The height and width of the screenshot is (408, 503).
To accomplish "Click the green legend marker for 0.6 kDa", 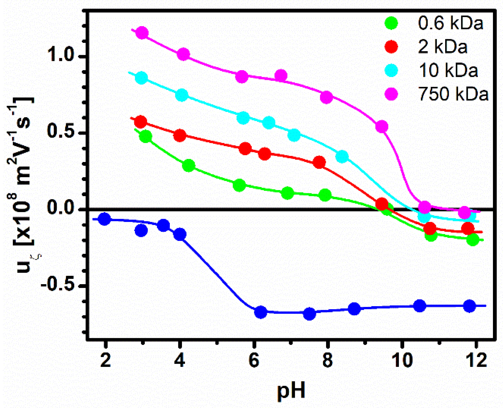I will tap(391, 23).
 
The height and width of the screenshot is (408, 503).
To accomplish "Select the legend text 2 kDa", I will tap(443, 46).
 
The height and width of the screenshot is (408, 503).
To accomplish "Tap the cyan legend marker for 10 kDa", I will tap(391, 70).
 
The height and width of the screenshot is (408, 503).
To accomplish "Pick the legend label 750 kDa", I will tap(453, 94).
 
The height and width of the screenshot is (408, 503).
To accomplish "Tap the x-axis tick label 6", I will tap(253, 360).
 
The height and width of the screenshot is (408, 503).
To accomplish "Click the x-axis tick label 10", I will tap(402, 360).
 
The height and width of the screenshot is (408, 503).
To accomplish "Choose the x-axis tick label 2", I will tap(105, 360).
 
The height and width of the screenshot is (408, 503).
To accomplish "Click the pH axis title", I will tap(291, 390).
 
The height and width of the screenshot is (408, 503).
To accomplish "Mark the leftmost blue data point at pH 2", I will tap(104, 219).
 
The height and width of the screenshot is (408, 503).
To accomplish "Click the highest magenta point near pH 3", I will tap(142, 33).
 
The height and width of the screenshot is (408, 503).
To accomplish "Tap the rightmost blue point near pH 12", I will tap(469, 306).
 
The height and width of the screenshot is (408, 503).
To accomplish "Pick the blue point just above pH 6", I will tap(261, 312).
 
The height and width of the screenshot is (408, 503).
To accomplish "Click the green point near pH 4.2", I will tap(189, 166).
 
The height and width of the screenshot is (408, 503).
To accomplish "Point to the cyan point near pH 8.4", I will tap(342, 156).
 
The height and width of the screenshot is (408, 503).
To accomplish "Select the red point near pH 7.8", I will tap(319, 162).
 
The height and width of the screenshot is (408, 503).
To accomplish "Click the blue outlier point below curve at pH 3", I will tap(141, 230).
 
